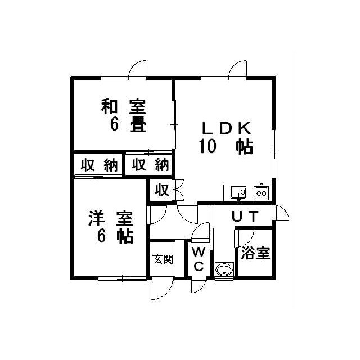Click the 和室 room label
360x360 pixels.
tap(124, 107)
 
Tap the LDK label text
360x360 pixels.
tap(226, 129)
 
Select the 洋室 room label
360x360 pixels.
tap(111, 219)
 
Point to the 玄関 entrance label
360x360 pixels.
tap(163, 259)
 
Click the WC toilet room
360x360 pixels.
tap(199, 259)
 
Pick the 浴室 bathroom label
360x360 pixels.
tap(255, 253)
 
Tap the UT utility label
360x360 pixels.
tap(245, 216)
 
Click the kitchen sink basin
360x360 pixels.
tap(238, 192)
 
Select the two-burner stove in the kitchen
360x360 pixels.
tap(261, 193)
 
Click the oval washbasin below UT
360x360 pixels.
tap(224, 269)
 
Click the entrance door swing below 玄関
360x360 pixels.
tap(163, 289)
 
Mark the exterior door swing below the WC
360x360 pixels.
tap(199, 285)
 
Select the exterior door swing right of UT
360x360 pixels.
tap(281, 213)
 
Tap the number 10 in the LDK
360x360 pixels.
tap(208, 146)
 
